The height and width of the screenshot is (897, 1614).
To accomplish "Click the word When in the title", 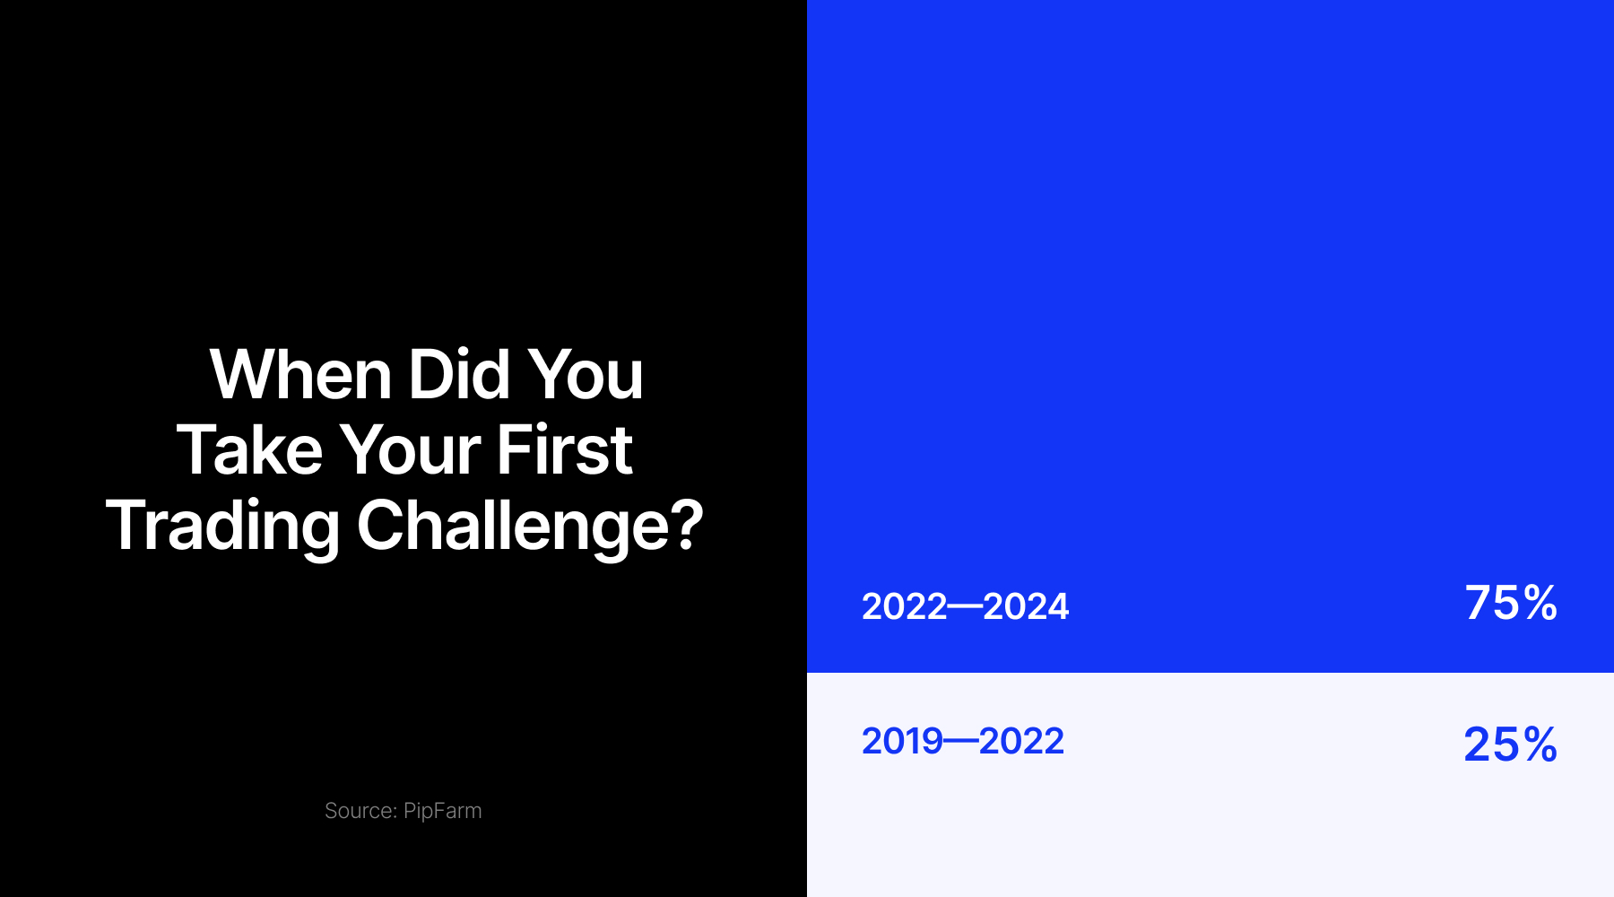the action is [300, 374].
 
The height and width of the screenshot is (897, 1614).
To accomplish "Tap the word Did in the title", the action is [459, 374].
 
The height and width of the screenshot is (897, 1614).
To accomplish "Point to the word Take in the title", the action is [249, 449].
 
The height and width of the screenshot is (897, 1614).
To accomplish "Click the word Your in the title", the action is [409, 449].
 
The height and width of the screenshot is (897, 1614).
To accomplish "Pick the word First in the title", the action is [564, 449].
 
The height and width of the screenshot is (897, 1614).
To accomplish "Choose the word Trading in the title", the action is [222, 527].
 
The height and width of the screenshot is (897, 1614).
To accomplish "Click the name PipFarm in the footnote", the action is [442, 811].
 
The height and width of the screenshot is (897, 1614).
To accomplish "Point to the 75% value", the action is [1511, 603].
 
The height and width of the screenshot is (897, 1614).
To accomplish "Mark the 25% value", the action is [1511, 745].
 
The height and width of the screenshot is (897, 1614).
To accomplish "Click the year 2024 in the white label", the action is [1026, 607].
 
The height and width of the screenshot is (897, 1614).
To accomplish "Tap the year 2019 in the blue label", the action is [903, 741].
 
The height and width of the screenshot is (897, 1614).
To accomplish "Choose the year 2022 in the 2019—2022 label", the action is [1021, 741].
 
